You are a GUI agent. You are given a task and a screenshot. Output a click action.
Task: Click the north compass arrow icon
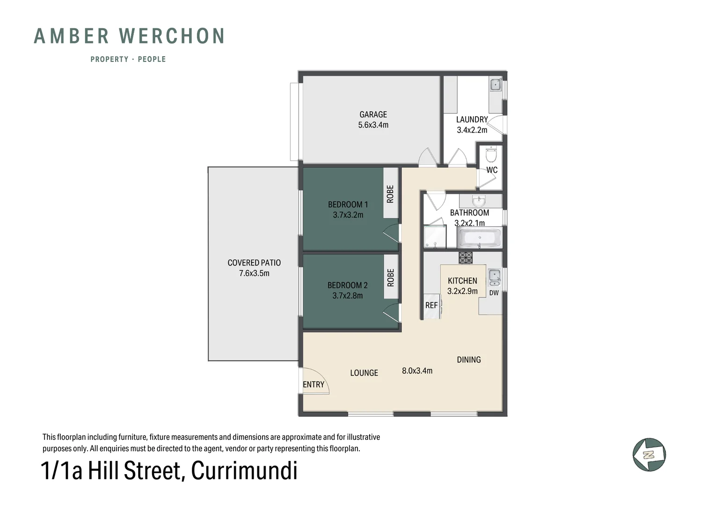[x=649, y=454]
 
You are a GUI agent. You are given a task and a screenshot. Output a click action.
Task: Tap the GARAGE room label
[x=373, y=114]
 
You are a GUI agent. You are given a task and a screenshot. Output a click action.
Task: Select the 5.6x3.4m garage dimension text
[x=373, y=125]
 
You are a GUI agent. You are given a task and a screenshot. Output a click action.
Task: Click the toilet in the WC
[x=491, y=155]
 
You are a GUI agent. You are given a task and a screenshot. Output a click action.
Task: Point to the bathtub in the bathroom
[x=479, y=238]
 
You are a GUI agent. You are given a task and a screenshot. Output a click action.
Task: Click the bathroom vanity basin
[x=478, y=201]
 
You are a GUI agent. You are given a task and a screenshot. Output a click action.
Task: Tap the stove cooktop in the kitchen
[x=466, y=257]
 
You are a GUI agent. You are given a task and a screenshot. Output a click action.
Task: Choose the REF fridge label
[x=431, y=305]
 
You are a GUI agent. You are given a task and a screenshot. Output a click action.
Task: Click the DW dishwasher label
[x=494, y=293]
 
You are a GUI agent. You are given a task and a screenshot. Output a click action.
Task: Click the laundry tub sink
[x=496, y=85]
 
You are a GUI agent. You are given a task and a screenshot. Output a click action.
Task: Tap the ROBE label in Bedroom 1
[x=390, y=194]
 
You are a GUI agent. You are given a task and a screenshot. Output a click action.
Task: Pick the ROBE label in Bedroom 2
[x=391, y=277]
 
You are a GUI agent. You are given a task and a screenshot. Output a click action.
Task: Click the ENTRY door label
[x=313, y=385]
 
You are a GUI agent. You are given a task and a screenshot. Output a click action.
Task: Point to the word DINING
[x=468, y=360]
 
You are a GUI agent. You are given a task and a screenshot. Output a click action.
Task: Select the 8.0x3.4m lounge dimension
[x=417, y=371]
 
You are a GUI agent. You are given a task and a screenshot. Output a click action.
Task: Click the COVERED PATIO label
[x=254, y=263]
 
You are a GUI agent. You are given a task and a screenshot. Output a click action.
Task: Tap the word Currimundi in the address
[x=244, y=471]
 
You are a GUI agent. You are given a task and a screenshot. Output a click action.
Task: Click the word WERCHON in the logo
[x=172, y=37]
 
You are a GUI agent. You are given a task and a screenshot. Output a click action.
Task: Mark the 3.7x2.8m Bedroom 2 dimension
[x=347, y=296]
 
